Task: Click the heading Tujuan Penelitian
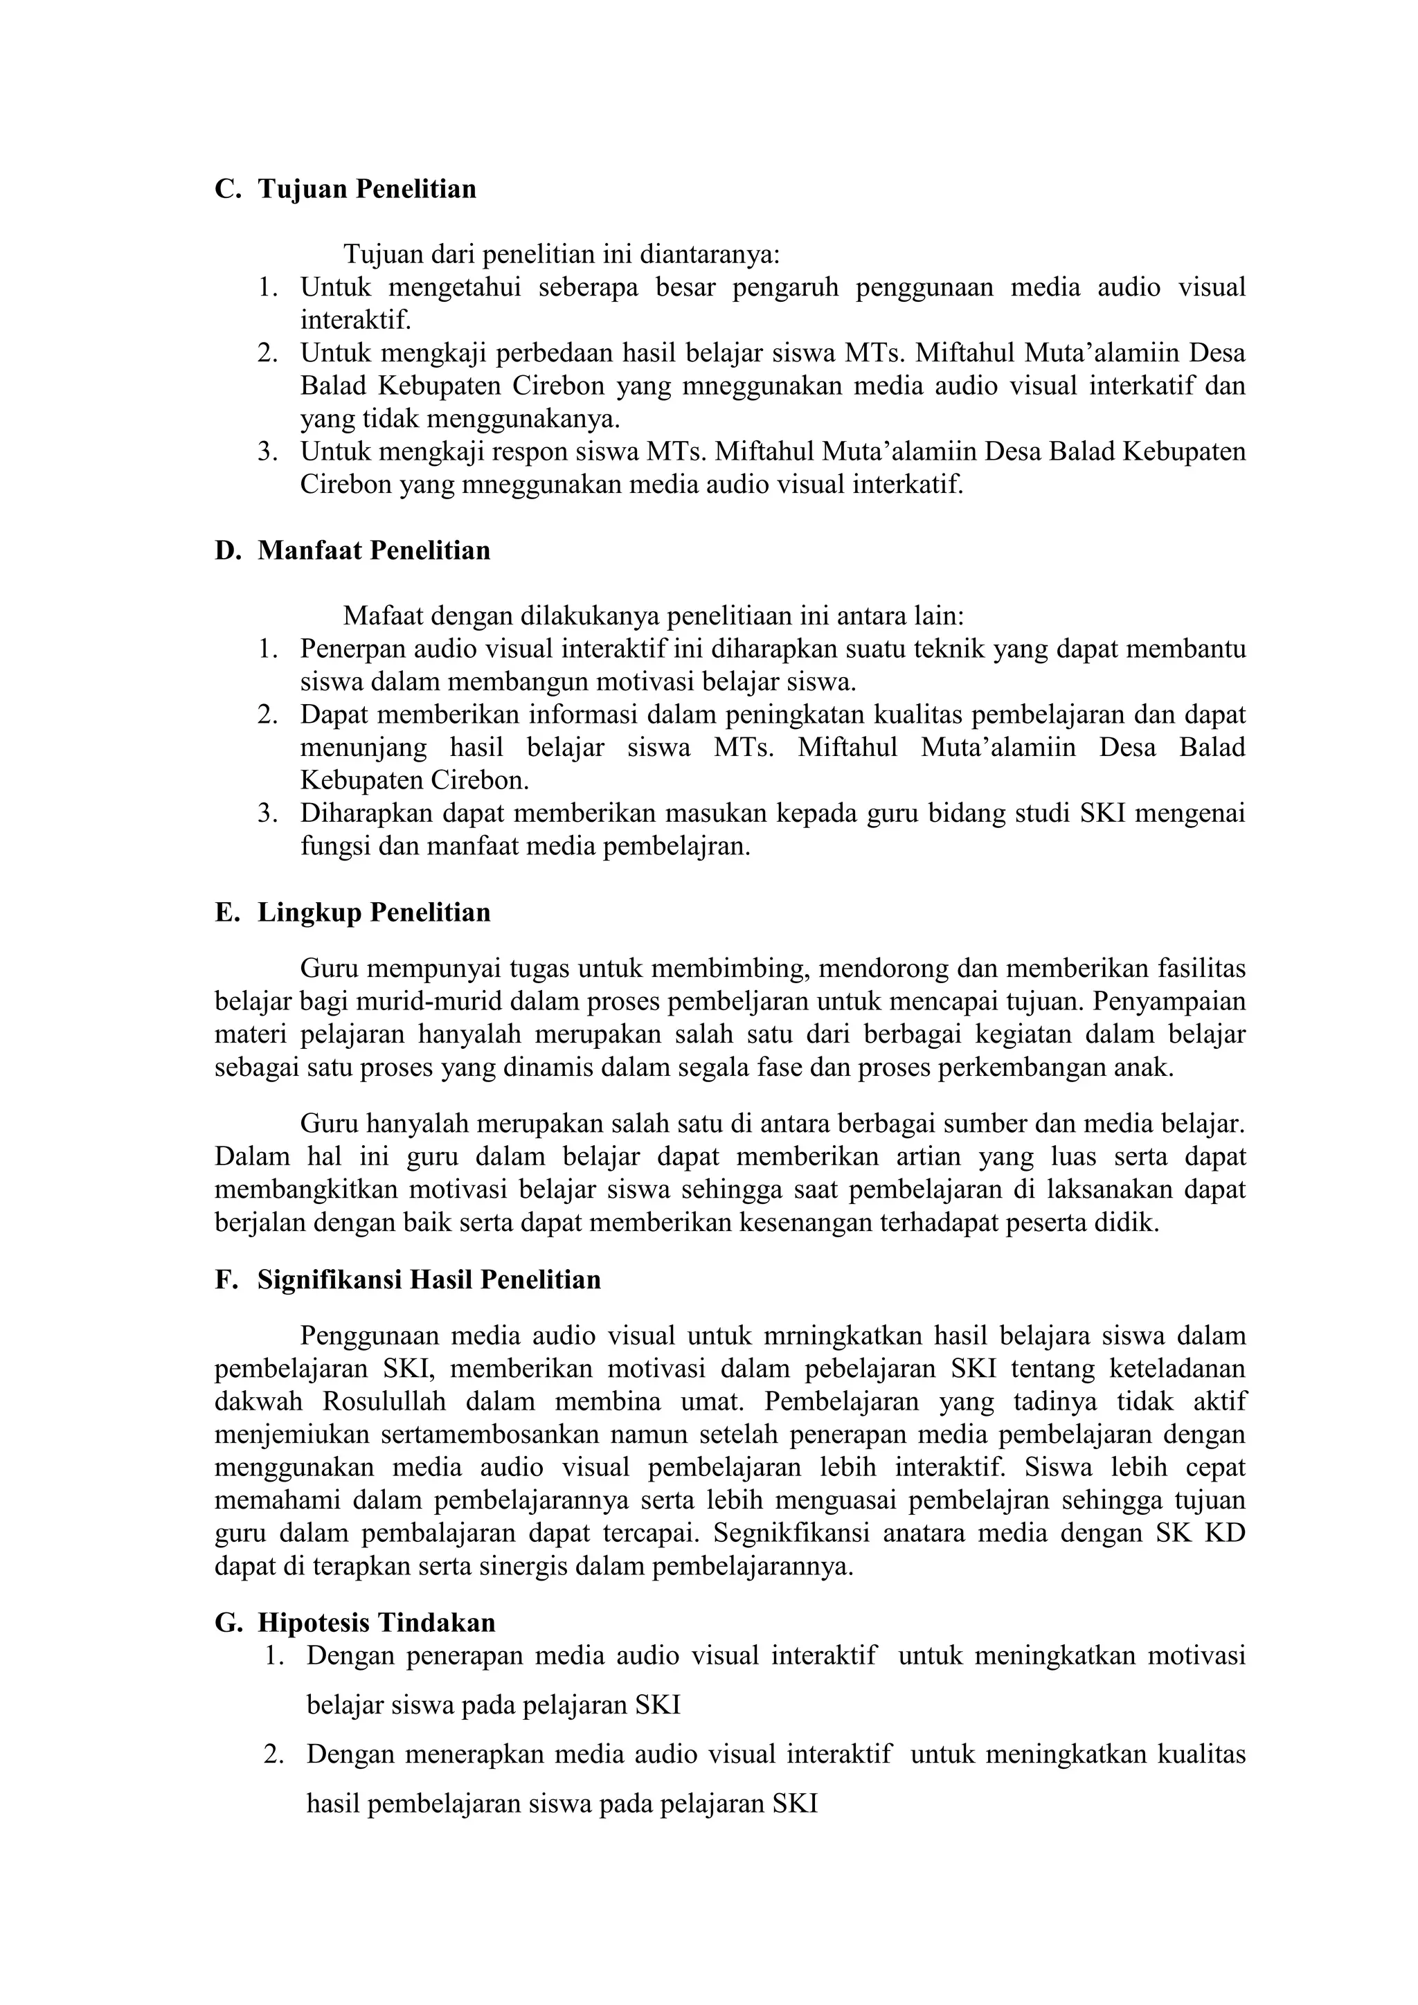tap(367, 190)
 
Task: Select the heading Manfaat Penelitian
tap(374, 551)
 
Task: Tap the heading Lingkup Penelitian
tap(374, 912)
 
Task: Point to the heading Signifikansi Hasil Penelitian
tap(429, 1280)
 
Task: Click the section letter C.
tap(226, 190)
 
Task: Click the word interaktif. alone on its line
tap(355, 321)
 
